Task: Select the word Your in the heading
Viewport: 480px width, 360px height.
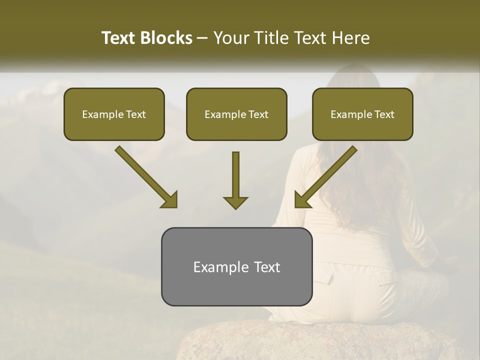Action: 230,38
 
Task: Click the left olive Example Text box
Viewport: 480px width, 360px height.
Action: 114,114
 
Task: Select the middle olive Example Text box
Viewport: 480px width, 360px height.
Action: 236,114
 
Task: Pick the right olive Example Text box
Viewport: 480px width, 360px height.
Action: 362,114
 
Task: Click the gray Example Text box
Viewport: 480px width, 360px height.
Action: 236,267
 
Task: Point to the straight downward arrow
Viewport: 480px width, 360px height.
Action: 235,180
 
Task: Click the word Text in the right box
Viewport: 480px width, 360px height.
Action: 384,114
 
